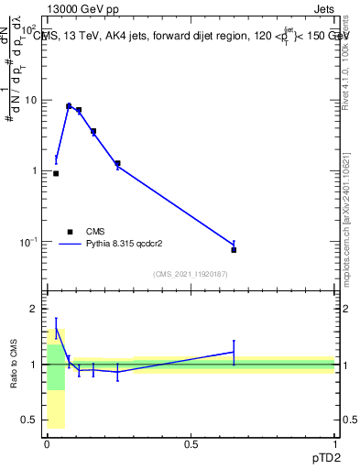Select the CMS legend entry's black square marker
click(x=70, y=232)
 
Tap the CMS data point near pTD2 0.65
click(x=234, y=249)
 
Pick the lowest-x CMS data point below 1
click(x=56, y=173)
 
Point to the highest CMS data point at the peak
click(x=69, y=106)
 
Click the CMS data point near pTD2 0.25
click(x=117, y=163)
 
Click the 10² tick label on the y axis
click(x=28, y=29)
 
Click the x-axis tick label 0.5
click(x=191, y=444)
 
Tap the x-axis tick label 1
click(x=334, y=444)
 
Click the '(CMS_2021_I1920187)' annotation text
click(x=191, y=274)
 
